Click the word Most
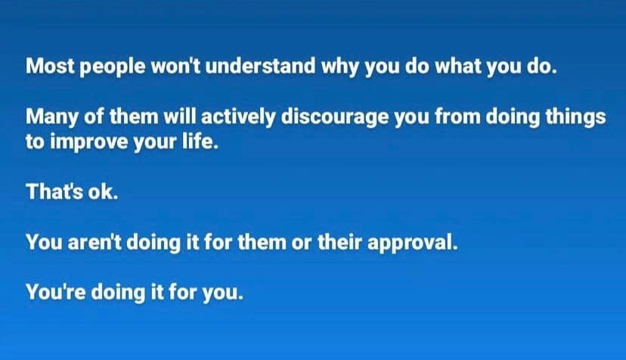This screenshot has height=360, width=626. (x=50, y=67)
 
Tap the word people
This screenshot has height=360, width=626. (x=113, y=68)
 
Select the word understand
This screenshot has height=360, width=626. (x=261, y=67)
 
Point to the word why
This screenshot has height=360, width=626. (x=340, y=68)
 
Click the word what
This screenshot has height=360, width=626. (x=458, y=67)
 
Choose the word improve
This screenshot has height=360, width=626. (x=89, y=143)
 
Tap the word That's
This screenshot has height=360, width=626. (x=54, y=192)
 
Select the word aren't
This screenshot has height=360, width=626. (x=95, y=242)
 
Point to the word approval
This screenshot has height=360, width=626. (x=412, y=244)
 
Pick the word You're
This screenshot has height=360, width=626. (x=55, y=292)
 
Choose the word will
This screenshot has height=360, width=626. (x=180, y=117)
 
